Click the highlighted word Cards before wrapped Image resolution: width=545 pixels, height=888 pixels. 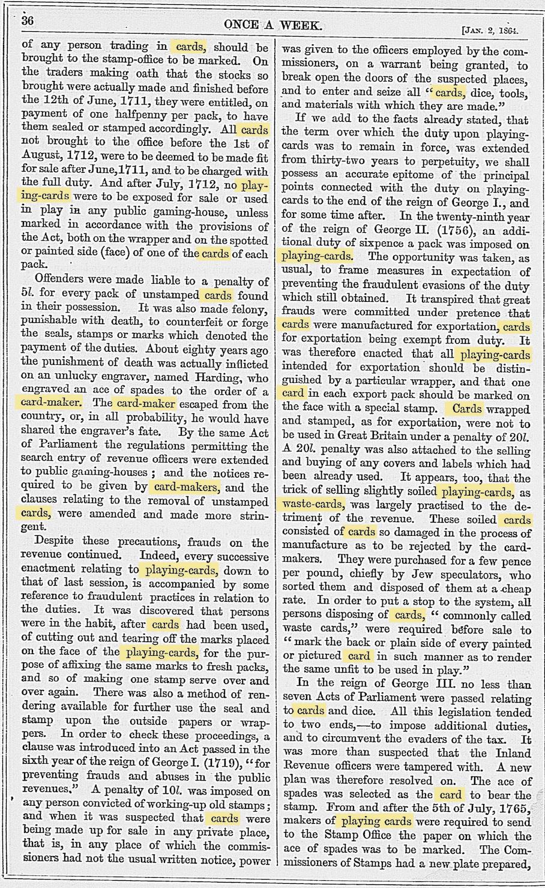tap(466, 409)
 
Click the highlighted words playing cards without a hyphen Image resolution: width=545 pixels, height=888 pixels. tap(376, 821)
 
